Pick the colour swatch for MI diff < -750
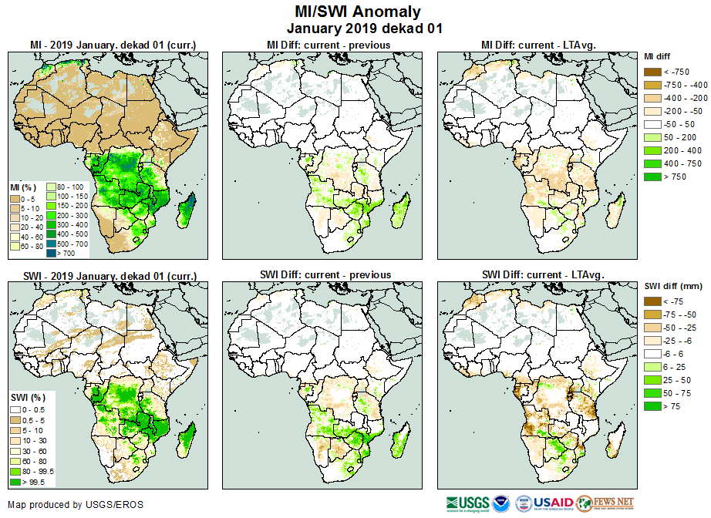[653, 72]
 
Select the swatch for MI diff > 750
[653, 177]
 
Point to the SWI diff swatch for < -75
[653, 301]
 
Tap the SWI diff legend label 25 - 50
[680, 380]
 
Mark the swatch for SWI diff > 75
[653, 406]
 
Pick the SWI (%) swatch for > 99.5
[16, 482]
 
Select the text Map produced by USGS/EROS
[75, 505]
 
